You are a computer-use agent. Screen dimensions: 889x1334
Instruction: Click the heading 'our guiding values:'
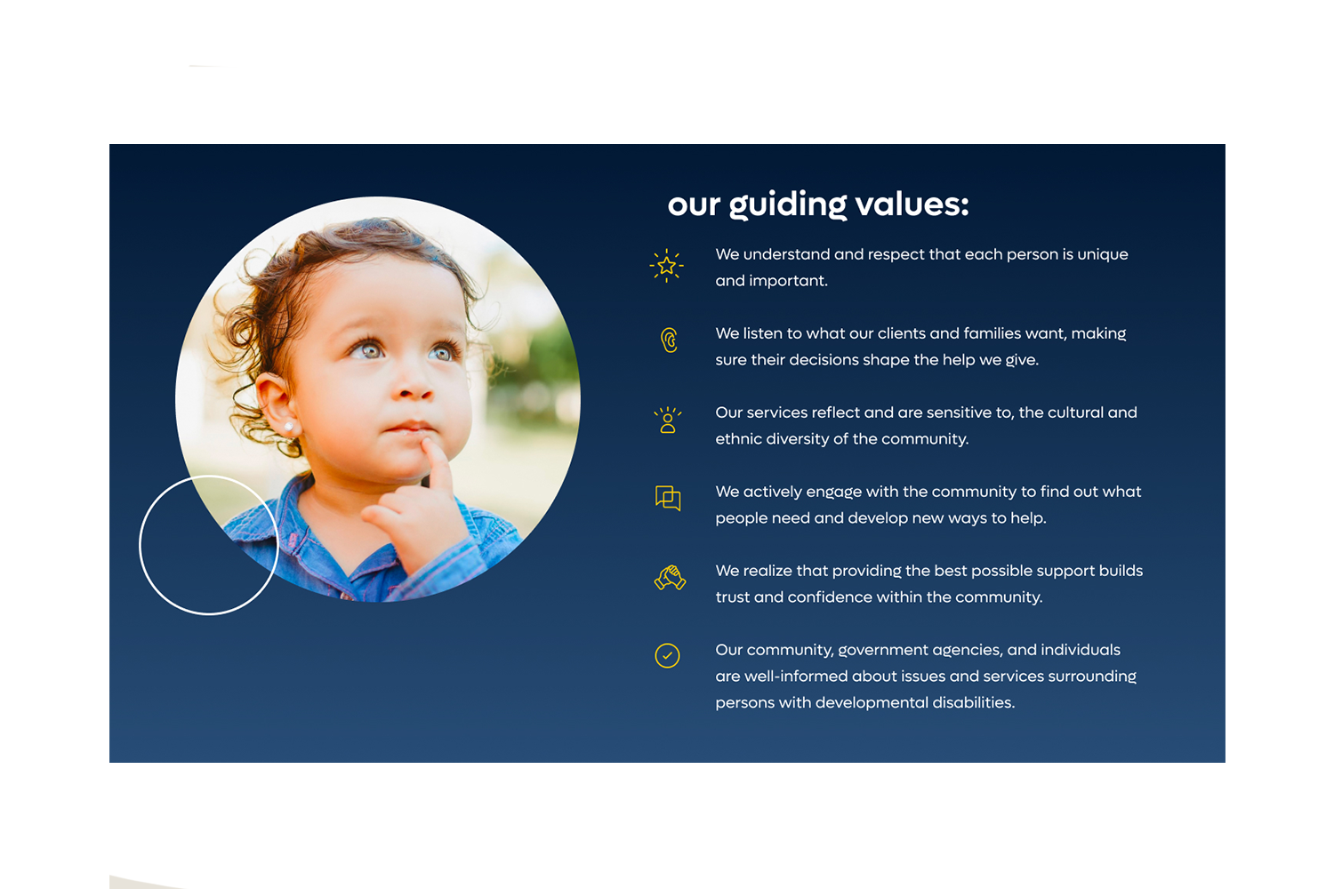pyautogui.click(x=817, y=204)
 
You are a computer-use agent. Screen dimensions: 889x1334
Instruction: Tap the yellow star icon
pyautogui.click(x=666, y=266)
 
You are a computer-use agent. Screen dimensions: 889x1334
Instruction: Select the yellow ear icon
pyautogui.click(x=669, y=340)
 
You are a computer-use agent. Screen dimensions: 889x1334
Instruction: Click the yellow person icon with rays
pyautogui.click(x=668, y=420)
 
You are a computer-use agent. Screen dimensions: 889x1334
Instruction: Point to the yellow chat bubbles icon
pyautogui.click(x=668, y=498)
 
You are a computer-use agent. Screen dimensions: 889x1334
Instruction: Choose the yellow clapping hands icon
pyautogui.click(x=670, y=578)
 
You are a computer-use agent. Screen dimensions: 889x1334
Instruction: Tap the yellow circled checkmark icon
pyautogui.click(x=667, y=655)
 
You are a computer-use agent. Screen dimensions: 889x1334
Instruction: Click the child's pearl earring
pyautogui.click(x=290, y=426)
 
